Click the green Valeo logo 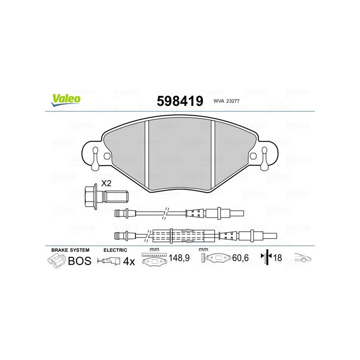pyautogui.click(x=66, y=100)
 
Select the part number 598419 pyautogui.click(x=180, y=101)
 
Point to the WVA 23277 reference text pyautogui.click(x=226, y=101)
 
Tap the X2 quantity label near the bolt pyautogui.click(x=106, y=183)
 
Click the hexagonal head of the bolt pyautogui.click(x=91, y=197)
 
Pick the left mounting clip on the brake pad pyautogui.click(x=95, y=158)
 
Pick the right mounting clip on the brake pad pyautogui.click(x=265, y=158)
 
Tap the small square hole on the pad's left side pyautogui.click(x=107, y=156)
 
